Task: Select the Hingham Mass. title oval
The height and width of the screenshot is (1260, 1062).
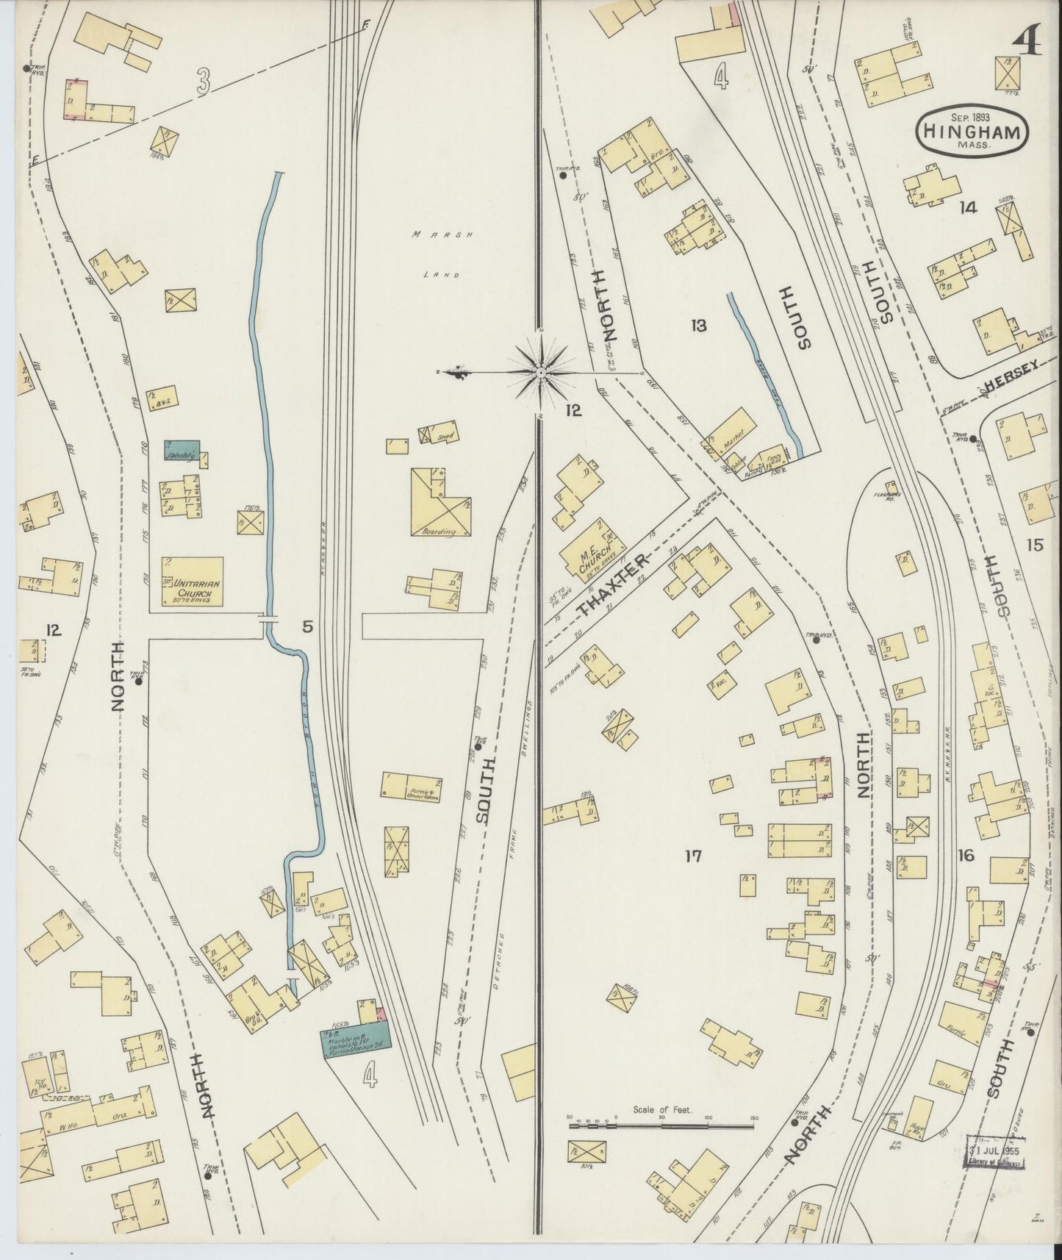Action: coord(972,134)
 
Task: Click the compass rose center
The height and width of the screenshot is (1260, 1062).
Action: coord(542,373)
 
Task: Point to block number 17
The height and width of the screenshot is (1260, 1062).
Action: coord(692,856)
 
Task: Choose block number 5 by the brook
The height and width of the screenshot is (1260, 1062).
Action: coord(306,627)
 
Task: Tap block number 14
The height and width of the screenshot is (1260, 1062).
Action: coord(967,208)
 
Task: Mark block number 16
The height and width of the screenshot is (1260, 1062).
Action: coord(966,855)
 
